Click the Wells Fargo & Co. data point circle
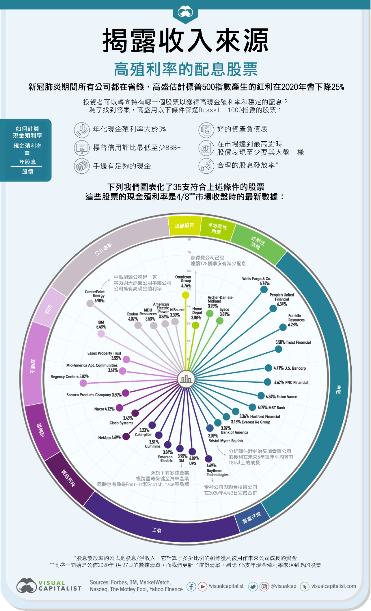264,289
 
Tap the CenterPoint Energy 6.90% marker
90,303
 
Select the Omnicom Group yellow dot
186,295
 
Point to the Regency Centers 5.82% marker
83,383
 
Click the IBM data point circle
101,334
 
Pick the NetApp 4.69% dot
126,436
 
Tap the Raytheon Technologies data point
208,459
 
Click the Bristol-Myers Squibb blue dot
210,428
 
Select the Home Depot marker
195,325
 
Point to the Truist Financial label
298,342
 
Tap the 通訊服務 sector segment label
185,225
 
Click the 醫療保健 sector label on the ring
251,517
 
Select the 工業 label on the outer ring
156,530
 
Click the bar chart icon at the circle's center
186,379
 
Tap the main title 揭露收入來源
186,40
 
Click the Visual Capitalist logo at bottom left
49,586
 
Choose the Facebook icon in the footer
191,586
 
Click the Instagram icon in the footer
264,586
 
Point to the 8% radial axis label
189,239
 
